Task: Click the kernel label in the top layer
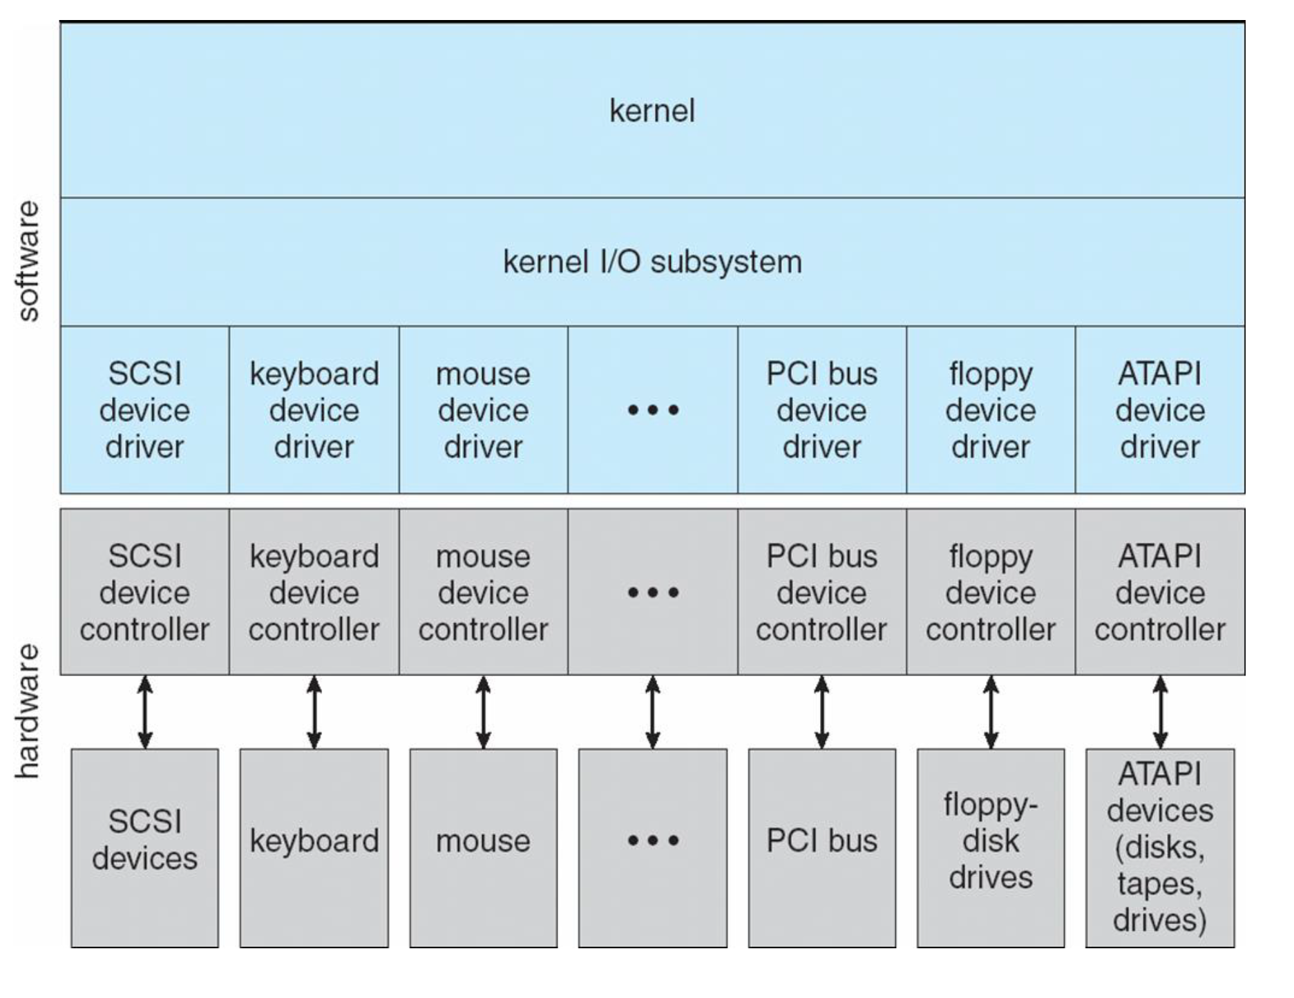[x=651, y=111]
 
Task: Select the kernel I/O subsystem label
[x=651, y=262]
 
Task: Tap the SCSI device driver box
[x=144, y=410]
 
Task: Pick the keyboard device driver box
[x=314, y=410]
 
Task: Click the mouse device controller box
[x=483, y=593]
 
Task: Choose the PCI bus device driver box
[x=821, y=410]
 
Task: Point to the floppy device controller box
[x=990, y=593]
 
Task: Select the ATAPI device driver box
[x=1159, y=410]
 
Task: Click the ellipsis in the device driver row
[x=653, y=410]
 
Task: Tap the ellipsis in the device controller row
[x=653, y=593]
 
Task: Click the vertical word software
[x=28, y=261]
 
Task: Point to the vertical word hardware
[x=28, y=711]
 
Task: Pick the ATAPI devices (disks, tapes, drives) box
[x=1159, y=847]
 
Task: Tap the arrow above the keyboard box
[x=314, y=712]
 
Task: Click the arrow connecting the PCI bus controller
[x=821, y=712]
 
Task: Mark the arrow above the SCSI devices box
[x=144, y=712]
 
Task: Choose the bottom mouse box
[x=483, y=847]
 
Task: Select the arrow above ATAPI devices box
[x=1160, y=712]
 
